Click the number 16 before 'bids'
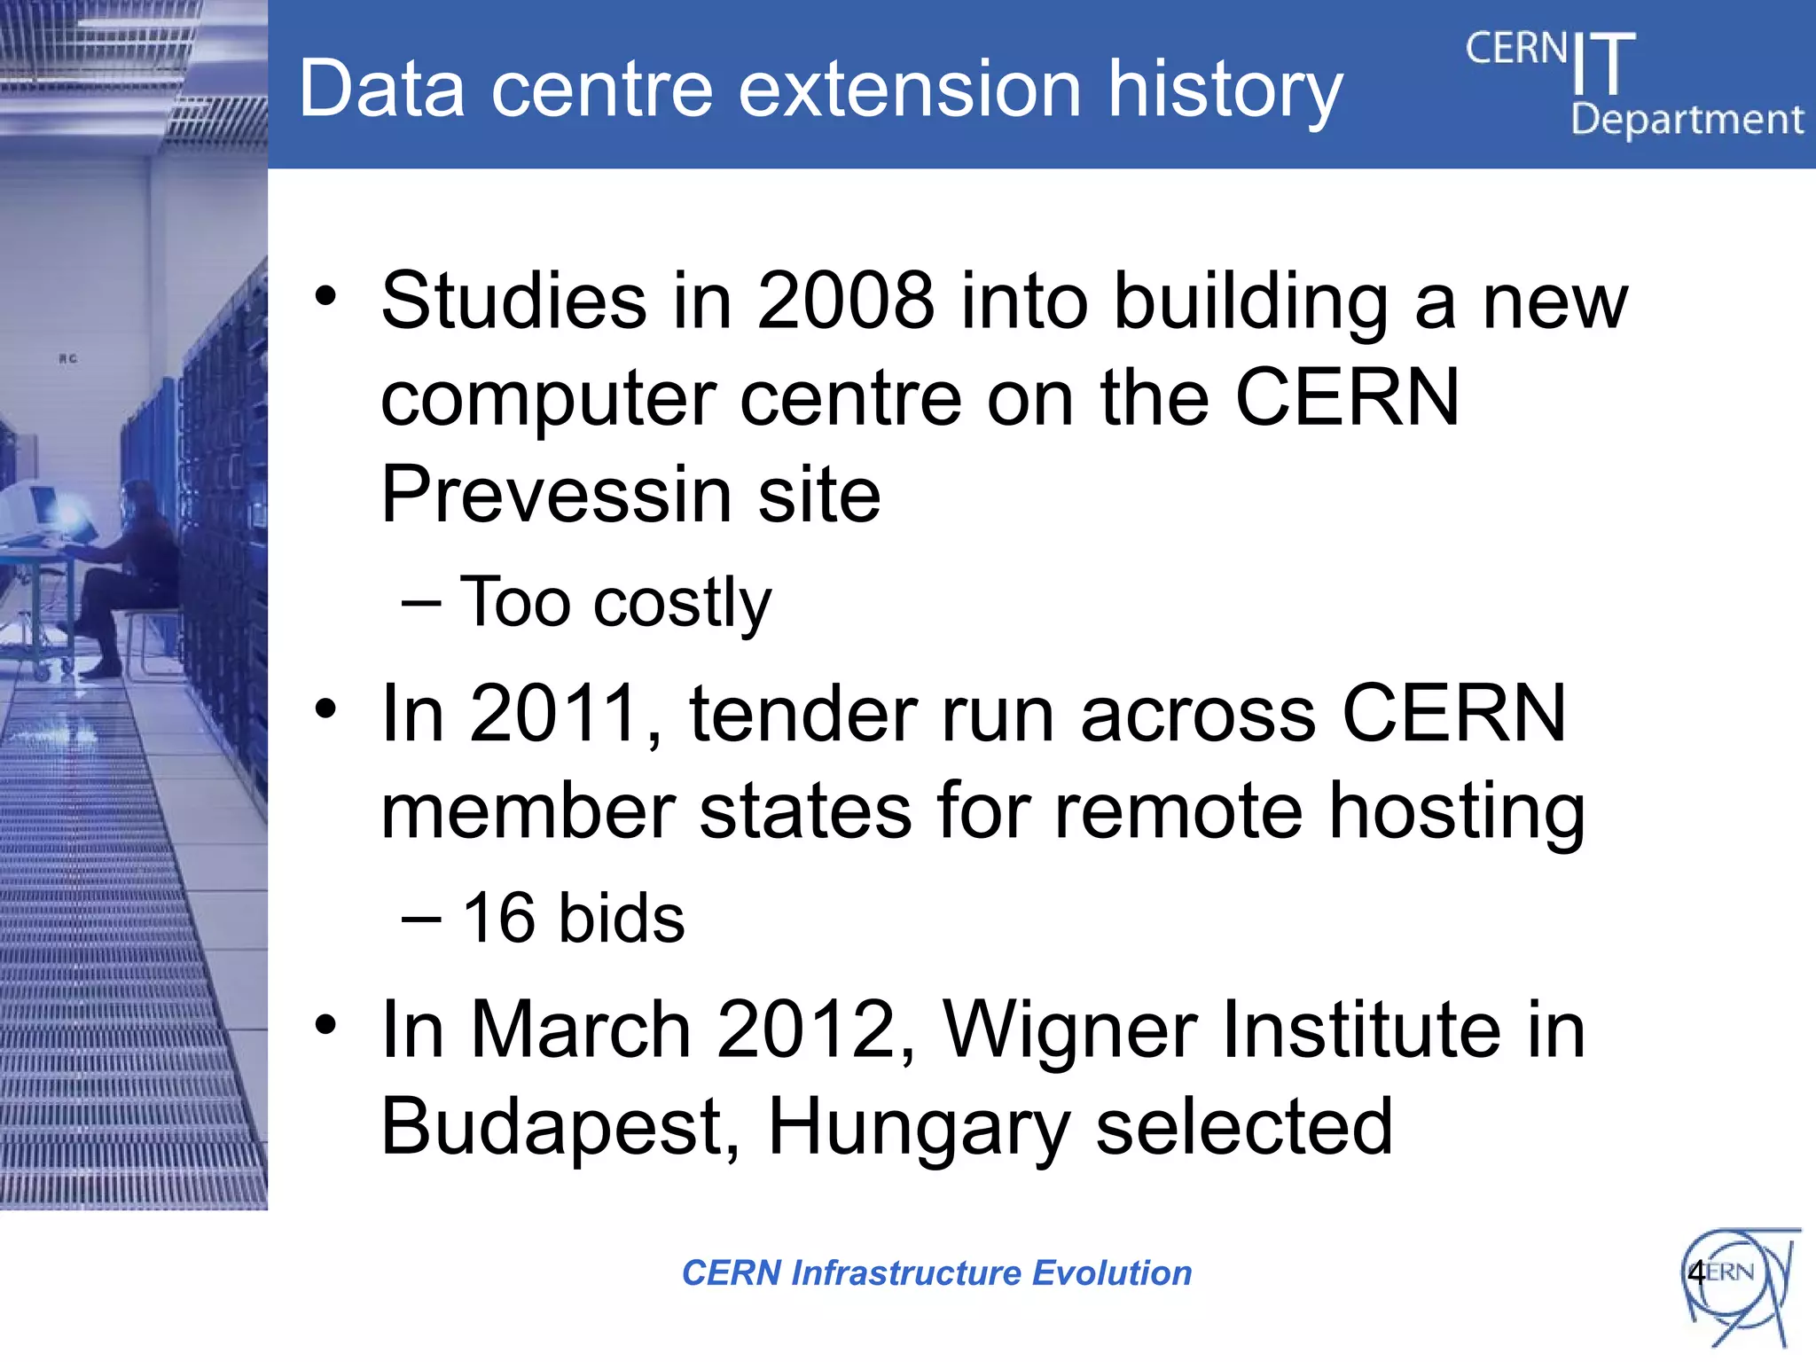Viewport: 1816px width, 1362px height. (x=499, y=918)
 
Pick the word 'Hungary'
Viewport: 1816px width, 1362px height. (x=919, y=1129)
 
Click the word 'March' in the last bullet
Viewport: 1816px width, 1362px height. (x=580, y=1030)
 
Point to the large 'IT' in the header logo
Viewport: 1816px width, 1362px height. (x=1603, y=64)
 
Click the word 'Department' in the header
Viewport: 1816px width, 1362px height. (x=1687, y=120)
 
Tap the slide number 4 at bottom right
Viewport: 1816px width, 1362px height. (x=1696, y=1273)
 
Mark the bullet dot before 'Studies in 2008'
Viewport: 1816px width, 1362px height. (x=326, y=296)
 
